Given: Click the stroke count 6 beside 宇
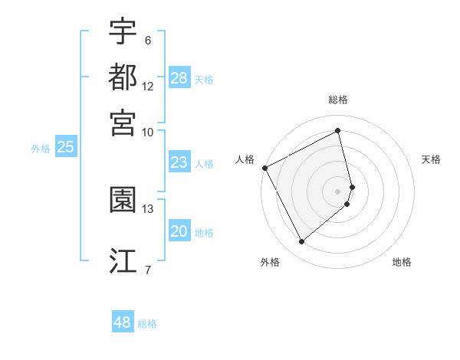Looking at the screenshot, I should pyautogui.click(x=147, y=40).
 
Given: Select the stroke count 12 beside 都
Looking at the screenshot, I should pyautogui.click(x=148, y=86).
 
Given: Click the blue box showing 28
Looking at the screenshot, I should pyautogui.click(x=179, y=78).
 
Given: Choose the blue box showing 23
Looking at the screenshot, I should pyautogui.click(x=179, y=162).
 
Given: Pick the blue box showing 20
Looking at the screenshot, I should pyautogui.click(x=179, y=231).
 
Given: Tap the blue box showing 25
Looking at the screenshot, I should pyautogui.click(x=65, y=147).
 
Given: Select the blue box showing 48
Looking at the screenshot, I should pyautogui.click(x=123, y=322).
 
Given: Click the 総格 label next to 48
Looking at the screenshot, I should pyautogui.click(x=147, y=324).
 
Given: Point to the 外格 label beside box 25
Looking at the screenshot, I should pyautogui.click(x=41, y=149).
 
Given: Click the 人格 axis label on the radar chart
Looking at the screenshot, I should pyautogui.click(x=245, y=159).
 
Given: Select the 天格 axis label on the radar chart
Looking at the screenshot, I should pyautogui.click(x=431, y=159).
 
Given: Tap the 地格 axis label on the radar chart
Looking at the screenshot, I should pyautogui.click(x=402, y=262).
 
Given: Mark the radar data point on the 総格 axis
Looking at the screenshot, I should pyautogui.click(x=338, y=130).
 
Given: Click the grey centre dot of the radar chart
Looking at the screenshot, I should pyautogui.click(x=338, y=191).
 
